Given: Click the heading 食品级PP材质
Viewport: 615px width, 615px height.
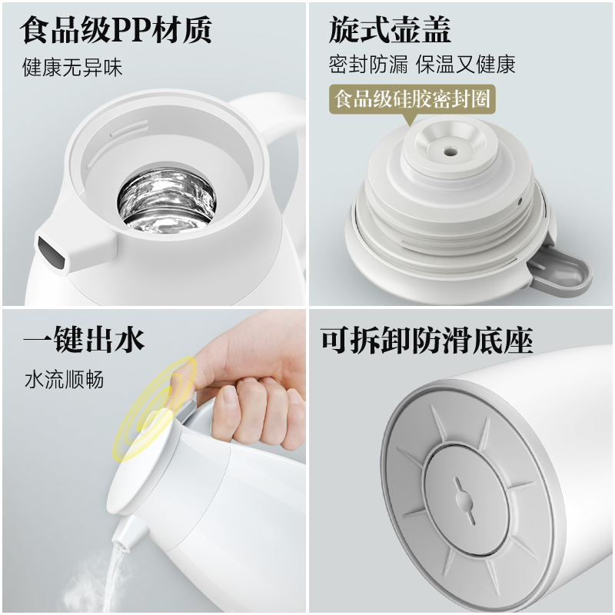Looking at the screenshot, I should pyautogui.click(x=115, y=31).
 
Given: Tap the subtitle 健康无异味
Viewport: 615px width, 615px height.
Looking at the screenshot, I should pyautogui.click(x=72, y=68).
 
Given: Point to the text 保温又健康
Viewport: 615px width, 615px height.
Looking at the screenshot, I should pyautogui.click(x=466, y=64).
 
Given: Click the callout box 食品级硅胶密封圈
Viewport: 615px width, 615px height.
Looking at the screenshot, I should pyautogui.click(x=411, y=99).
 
